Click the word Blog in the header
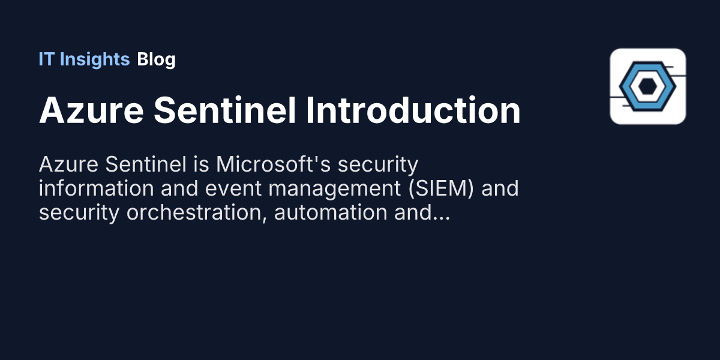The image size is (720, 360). pyautogui.click(x=156, y=59)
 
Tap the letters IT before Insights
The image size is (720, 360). pyautogui.click(x=46, y=59)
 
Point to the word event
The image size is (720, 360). pyautogui.click(x=229, y=188)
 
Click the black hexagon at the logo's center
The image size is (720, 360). pyautogui.click(x=647, y=86)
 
